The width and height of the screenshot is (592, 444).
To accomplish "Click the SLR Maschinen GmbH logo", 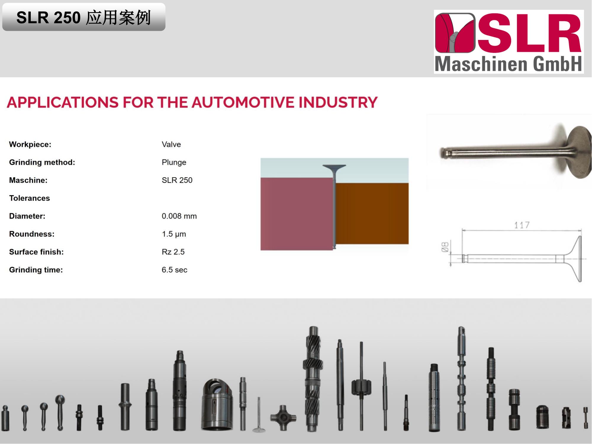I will tap(509, 41).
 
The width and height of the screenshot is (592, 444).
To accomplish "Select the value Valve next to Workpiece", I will tap(171, 144).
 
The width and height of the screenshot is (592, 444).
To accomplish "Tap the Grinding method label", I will tap(42, 163).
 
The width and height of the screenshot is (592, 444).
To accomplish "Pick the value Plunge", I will tap(174, 163).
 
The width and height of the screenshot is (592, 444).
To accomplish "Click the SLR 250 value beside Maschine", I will tap(177, 180).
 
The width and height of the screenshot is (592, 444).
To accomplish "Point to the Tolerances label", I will tap(29, 198).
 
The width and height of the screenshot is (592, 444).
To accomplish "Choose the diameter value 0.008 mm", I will tap(179, 216).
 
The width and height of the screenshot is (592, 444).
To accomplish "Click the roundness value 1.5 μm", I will tap(174, 234).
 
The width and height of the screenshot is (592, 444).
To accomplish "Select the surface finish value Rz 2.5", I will tap(173, 252).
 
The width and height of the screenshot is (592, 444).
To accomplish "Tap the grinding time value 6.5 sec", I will tap(174, 270).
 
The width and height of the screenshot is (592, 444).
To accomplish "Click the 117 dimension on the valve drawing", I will tap(522, 225).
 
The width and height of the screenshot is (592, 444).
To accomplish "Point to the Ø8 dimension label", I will tap(445, 247).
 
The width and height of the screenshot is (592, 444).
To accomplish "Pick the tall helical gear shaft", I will tap(313, 379).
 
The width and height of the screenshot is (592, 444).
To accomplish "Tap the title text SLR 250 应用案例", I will tap(83, 17).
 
